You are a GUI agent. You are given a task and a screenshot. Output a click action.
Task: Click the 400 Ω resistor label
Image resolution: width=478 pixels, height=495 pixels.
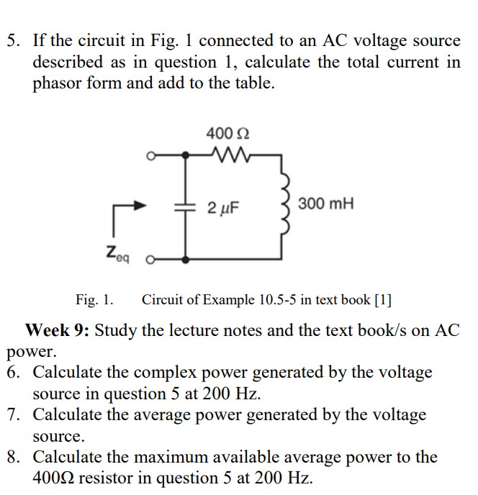click(x=228, y=133)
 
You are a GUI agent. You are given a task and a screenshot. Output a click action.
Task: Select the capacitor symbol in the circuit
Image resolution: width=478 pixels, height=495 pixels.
click(x=186, y=206)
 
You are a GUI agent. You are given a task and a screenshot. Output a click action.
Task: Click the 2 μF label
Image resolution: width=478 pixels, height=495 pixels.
click(x=222, y=209)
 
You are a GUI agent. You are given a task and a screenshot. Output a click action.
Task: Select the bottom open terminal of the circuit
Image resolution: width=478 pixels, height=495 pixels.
click(x=150, y=258)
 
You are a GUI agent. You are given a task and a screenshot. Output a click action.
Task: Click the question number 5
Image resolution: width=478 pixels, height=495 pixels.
click(x=12, y=41)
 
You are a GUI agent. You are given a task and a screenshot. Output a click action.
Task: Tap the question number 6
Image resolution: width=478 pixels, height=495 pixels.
click(x=12, y=373)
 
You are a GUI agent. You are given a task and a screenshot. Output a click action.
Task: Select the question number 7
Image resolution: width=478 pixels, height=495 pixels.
click(x=12, y=415)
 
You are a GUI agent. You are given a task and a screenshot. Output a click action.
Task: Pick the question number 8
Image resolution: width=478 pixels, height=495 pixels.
click(x=12, y=458)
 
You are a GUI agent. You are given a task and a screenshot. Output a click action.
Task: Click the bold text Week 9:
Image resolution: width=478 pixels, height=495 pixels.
click(x=58, y=331)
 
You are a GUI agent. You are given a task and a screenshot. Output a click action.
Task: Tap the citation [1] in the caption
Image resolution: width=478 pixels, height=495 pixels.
click(x=382, y=299)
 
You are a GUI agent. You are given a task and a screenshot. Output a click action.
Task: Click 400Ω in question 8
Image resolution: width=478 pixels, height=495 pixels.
click(x=57, y=478)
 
